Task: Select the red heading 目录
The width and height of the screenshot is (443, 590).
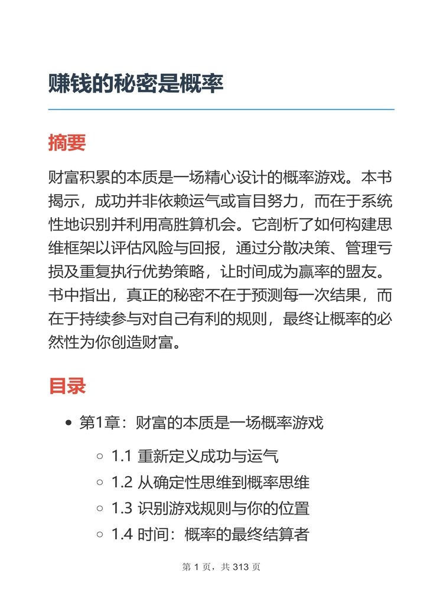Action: click(67, 386)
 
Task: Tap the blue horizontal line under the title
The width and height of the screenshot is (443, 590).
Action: click(221, 110)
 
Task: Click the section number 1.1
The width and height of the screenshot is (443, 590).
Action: click(122, 455)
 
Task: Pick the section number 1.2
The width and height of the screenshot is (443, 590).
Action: click(122, 482)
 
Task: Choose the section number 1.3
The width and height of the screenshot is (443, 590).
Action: click(122, 509)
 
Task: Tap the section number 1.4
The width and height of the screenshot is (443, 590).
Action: click(122, 535)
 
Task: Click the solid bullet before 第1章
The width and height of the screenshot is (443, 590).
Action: click(69, 423)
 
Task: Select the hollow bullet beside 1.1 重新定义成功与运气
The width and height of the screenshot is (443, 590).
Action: click(100, 456)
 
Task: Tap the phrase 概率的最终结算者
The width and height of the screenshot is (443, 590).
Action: click(246, 535)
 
